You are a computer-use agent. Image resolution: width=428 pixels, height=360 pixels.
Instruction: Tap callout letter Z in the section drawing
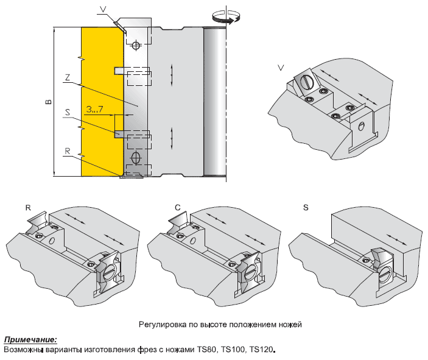68,77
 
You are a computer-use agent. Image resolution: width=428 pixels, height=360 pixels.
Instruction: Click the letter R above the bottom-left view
28,207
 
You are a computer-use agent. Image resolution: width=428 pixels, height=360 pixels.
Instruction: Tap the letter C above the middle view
177,208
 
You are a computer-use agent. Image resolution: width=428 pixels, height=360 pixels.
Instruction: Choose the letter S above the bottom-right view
306,208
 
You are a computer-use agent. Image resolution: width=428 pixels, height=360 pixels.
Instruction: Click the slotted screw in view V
306,80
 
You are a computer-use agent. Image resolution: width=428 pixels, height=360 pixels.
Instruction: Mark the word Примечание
30,339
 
